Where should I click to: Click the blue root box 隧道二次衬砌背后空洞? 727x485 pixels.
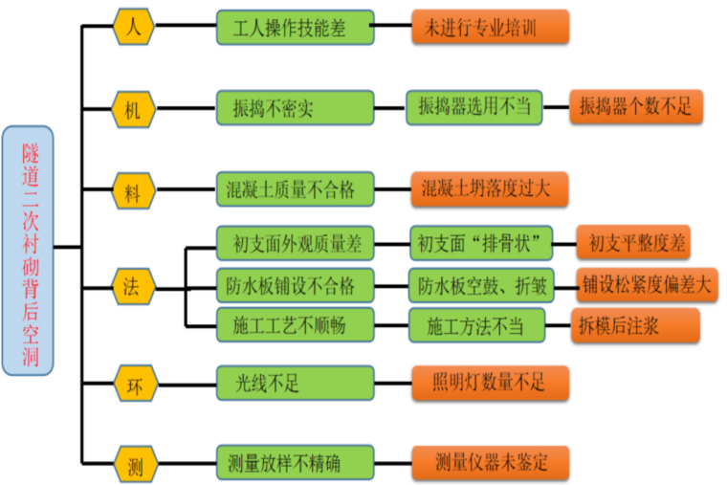tap(28, 250)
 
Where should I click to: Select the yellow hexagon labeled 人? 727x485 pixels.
tap(134, 27)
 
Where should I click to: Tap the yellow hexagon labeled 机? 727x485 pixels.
tap(132, 108)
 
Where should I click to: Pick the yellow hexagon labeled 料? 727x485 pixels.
tap(132, 190)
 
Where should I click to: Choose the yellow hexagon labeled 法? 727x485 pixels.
tap(132, 285)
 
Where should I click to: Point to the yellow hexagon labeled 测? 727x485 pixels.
tap(134, 465)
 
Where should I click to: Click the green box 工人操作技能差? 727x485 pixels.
tap(294, 28)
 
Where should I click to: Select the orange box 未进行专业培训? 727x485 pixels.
tap(490, 28)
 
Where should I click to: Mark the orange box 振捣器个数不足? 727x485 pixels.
tap(636, 106)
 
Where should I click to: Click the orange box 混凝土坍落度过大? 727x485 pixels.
tap(490, 189)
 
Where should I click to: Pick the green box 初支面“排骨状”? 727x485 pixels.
tap(481, 244)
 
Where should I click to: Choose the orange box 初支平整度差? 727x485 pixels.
tap(636, 244)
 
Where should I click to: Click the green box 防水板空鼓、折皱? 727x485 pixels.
tap(481, 285)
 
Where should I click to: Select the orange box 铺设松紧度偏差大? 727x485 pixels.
tap(647, 285)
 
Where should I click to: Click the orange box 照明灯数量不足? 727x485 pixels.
tap(490, 384)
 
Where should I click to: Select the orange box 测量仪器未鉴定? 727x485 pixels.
tap(490, 464)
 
